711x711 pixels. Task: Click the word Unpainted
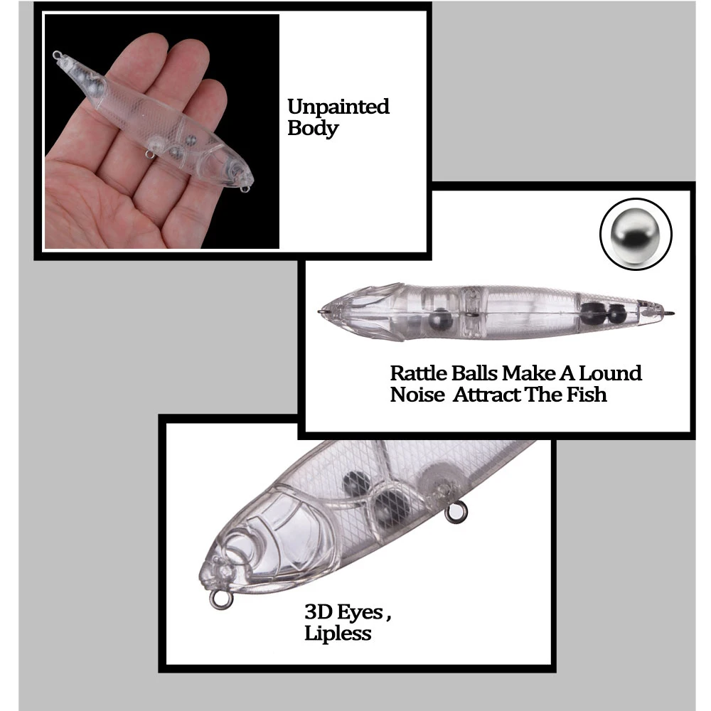coord(338,107)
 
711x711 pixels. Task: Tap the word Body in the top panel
coord(313,128)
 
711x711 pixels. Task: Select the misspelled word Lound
coord(610,373)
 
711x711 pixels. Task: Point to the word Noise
coord(417,395)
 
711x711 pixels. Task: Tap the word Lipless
coord(338,633)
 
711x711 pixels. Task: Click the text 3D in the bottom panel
coord(319,611)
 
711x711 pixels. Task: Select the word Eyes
coord(360,613)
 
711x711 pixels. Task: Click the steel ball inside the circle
coord(635,235)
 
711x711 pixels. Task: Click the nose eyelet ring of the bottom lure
coord(221,599)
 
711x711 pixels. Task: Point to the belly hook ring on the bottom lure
coord(456,513)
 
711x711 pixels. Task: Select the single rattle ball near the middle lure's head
coord(440,320)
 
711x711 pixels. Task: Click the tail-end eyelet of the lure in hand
coord(57,55)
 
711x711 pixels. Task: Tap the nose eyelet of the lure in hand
coord(245,188)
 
